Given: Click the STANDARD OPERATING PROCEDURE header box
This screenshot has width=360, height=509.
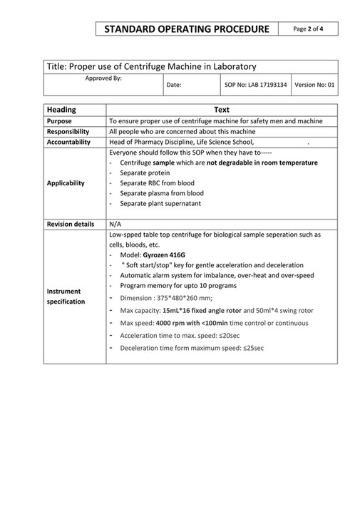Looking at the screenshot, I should pos(187,29).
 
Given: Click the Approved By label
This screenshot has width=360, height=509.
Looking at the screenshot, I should pos(103,78).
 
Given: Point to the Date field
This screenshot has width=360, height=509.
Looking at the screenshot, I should pos(173,85).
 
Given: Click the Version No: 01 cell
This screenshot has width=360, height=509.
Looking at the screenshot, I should pos(314,85).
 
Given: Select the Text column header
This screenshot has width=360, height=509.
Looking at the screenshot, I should pos(222,110).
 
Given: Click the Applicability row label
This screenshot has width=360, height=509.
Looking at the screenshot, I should pos(66,183).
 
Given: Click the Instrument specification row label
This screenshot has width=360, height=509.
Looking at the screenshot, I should pos(64,296).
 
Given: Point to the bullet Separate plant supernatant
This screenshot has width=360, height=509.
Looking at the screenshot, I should pos(160,203).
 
